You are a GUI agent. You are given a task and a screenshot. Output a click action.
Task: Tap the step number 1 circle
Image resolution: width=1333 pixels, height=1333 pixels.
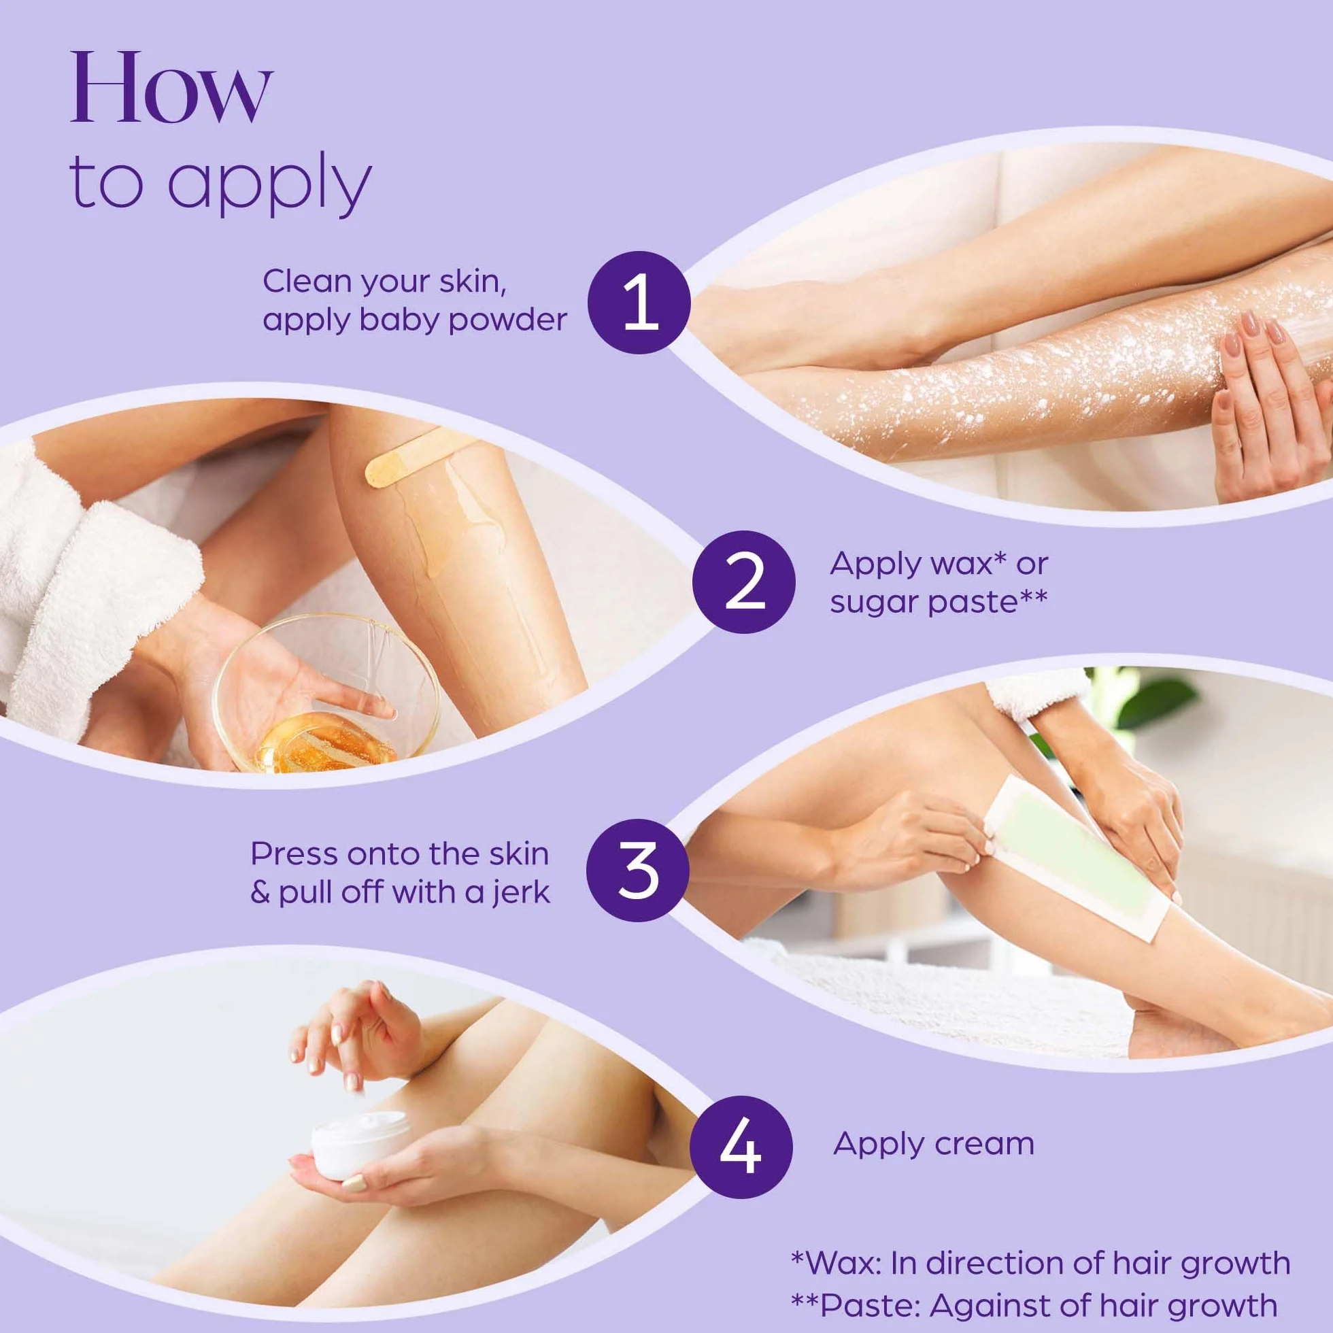pos(638,303)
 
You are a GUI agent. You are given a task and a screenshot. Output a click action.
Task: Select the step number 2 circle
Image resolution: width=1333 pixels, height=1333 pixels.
pos(744,583)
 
